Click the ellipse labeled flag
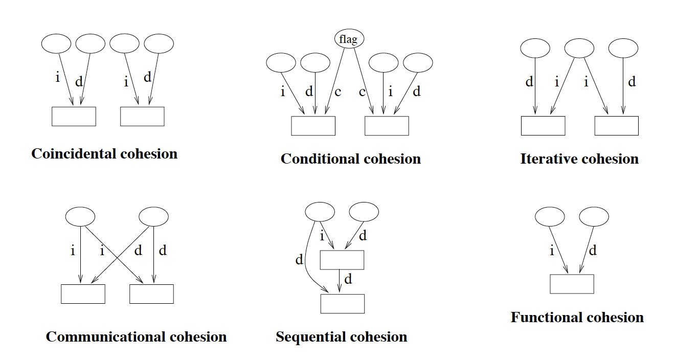[349, 39]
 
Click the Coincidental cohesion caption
[104, 154]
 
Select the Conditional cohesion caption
[350, 159]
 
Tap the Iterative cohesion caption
[579, 159]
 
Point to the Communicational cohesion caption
[136, 337]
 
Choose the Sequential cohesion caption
[341, 337]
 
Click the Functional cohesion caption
[577, 318]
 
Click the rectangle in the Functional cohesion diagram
[572, 284]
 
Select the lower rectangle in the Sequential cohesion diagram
[342, 304]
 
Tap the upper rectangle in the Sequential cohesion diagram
[342, 260]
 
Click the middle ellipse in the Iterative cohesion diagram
[579, 49]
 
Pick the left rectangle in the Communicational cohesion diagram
[83, 294]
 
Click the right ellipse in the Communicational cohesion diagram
[153, 216]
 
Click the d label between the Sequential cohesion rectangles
[348, 280]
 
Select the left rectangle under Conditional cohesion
[313, 126]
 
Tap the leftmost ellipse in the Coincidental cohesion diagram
[56, 43]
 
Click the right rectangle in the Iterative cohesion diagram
[616, 126]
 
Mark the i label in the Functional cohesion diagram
[551, 251]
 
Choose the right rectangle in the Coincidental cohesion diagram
[142, 116]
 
